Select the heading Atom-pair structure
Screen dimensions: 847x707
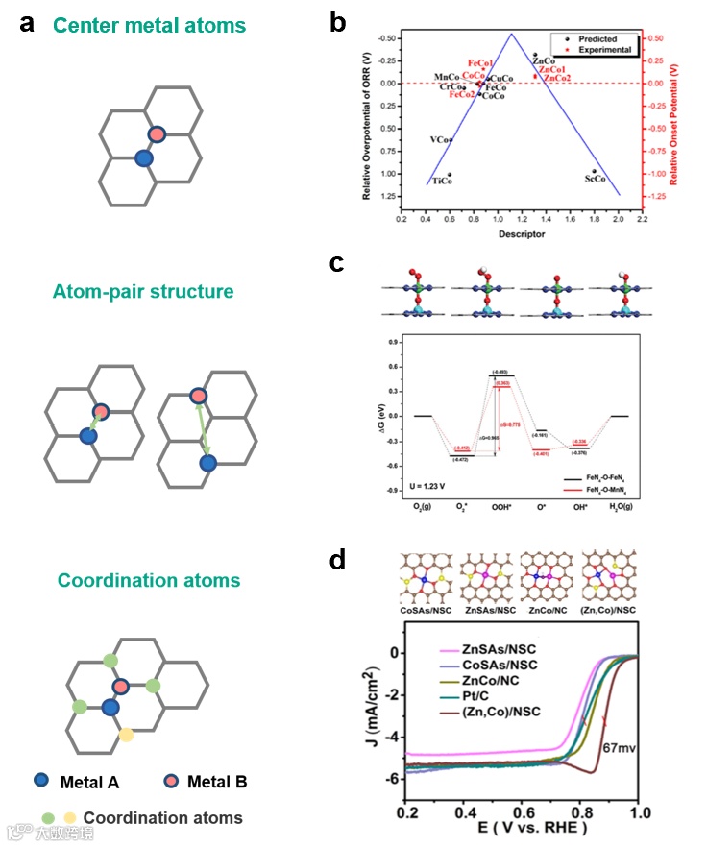coord(144,290)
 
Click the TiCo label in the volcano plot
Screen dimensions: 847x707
coord(443,181)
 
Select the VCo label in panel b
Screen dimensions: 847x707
coord(439,140)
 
